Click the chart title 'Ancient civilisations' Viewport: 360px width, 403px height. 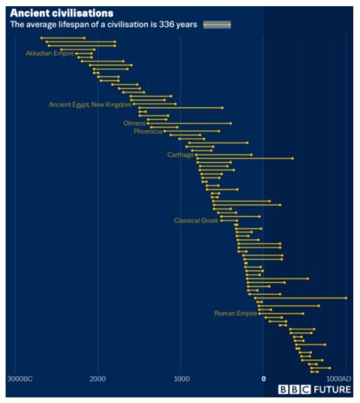(61, 13)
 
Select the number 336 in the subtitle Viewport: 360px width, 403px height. (167, 25)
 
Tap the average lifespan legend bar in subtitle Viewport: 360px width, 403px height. (217, 25)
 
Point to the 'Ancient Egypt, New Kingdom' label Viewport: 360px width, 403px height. (90, 104)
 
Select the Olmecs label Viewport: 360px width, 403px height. (134, 122)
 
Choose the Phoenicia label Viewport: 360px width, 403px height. (148, 131)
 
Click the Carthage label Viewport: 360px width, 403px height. (180, 155)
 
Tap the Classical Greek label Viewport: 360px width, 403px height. (196, 221)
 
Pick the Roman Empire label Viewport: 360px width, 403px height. (235, 313)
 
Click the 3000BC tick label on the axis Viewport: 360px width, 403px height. (20, 379)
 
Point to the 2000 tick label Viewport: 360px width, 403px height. (97, 379)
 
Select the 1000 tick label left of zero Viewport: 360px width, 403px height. (181, 379)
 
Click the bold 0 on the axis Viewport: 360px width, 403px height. (263, 379)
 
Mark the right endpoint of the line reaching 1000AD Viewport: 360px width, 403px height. (346, 298)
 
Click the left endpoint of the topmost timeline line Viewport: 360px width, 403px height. (41, 38)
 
